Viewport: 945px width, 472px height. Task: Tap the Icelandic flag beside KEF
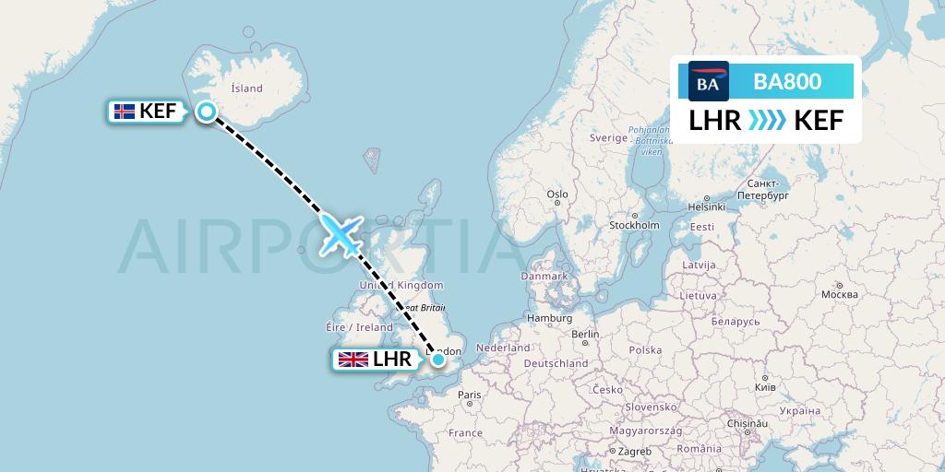[124, 112]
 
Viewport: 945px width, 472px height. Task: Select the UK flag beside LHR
[353, 360]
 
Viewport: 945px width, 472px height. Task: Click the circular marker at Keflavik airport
[207, 112]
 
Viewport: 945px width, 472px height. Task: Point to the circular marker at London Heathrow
[438, 360]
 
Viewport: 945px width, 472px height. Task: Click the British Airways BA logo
[709, 82]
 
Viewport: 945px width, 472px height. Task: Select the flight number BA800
[787, 82]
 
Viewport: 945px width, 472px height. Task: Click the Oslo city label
[556, 195]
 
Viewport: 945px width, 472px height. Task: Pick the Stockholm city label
[634, 225]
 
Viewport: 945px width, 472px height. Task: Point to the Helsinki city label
[706, 206]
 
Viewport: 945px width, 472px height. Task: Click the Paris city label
[470, 395]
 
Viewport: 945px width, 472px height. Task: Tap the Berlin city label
[585, 334]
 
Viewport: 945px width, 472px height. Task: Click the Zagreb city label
[635, 451]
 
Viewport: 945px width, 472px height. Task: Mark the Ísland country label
[246, 88]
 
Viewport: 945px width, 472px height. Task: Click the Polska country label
[646, 350]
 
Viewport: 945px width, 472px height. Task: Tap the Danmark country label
[544, 276]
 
